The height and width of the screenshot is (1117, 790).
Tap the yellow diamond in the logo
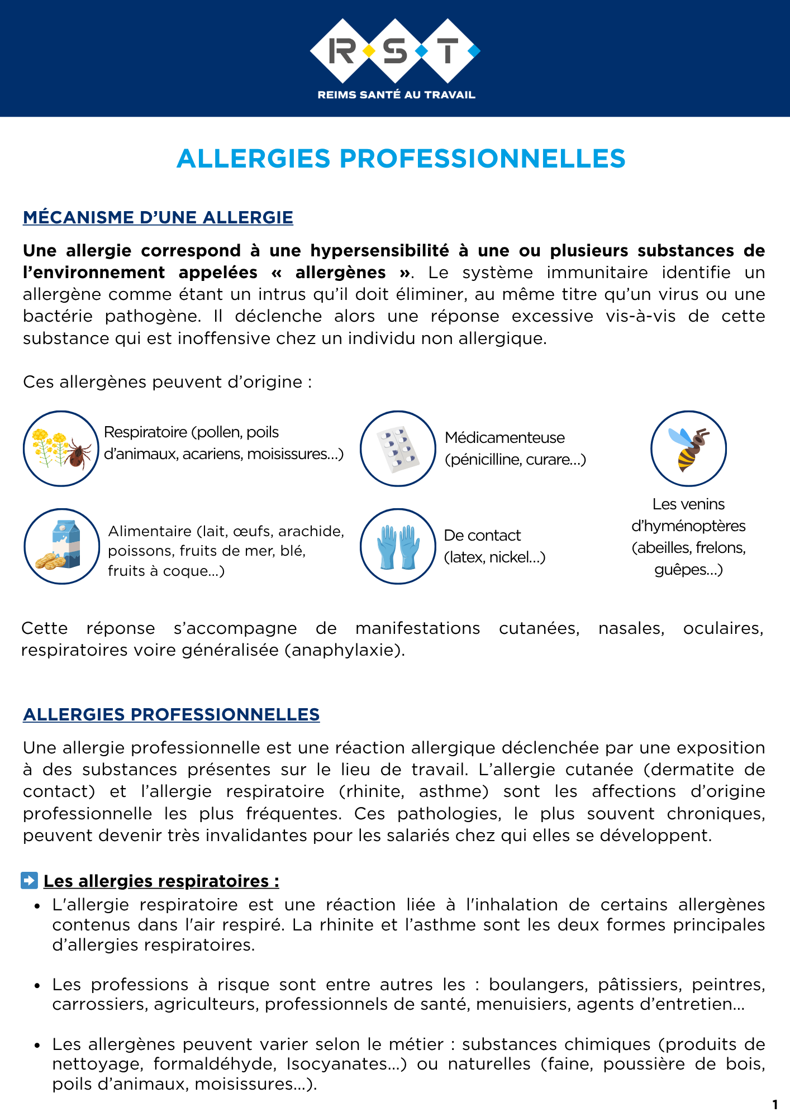369,51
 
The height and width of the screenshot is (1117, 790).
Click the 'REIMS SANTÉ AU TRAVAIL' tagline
396,95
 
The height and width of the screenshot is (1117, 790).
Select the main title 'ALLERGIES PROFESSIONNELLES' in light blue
401,159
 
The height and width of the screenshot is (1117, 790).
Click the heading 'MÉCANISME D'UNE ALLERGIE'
158,217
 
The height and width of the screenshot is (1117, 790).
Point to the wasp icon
688,448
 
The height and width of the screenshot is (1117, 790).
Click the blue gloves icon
398,546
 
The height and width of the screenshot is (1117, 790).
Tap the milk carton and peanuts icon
61,546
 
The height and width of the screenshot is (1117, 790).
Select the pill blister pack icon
398,448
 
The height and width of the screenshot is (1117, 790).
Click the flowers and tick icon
61,448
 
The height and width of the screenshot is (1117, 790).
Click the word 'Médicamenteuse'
505,438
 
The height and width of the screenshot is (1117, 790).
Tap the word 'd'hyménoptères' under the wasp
688,526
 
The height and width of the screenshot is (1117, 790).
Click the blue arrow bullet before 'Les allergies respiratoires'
29,880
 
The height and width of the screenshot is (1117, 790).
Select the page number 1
775,1104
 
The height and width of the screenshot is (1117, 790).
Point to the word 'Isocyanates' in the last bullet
344,1064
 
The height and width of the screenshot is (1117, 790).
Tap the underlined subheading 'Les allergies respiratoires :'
161,881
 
